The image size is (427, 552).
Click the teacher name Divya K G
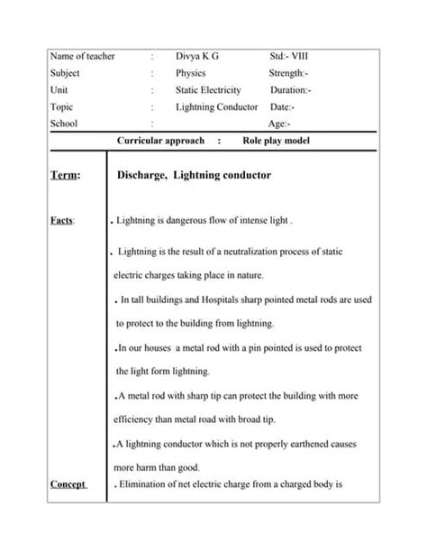point(196,56)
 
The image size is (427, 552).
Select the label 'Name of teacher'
point(83,56)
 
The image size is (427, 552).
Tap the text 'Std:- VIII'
point(294,56)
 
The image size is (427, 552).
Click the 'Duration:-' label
point(291,90)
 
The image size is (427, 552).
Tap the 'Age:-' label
point(279,124)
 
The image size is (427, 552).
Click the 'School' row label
point(66,124)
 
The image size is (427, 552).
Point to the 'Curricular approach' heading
point(161,141)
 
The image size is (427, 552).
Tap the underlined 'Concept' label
point(68,484)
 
